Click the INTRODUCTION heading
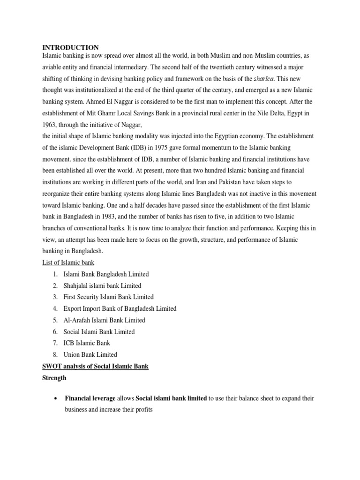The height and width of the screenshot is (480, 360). pos(71,47)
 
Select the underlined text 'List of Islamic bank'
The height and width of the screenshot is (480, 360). pos(68,262)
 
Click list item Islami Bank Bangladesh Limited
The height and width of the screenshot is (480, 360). pos(106,274)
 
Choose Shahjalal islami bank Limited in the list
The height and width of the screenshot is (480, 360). pos(102,285)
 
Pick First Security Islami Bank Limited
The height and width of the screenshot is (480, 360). pos(108,297)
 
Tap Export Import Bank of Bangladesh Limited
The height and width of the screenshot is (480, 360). pos(120,308)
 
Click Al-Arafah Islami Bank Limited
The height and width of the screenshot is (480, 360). pos(104,320)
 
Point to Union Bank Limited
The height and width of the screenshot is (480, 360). pos(90,354)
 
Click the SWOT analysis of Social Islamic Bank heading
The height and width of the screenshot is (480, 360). pos(96,366)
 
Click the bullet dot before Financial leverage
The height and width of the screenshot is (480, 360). pos(56,398)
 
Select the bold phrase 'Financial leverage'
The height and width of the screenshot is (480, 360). pos(90,398)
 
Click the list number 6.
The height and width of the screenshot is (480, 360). pos(55,332)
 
